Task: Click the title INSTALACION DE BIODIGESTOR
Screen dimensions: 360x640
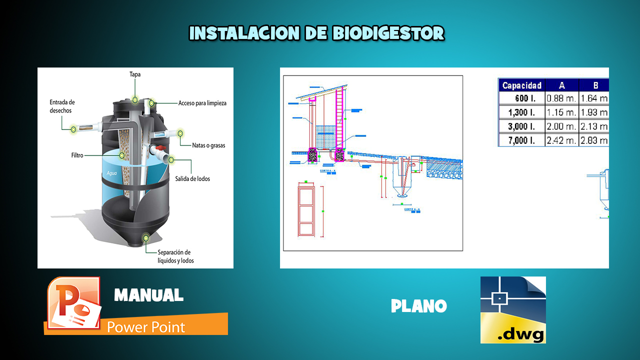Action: [x=316, y=33]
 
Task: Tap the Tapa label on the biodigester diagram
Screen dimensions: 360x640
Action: [x=135, y=74]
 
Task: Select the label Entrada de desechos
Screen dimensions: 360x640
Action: [x=62, y=106]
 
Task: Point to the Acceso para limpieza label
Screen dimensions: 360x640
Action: [x=202, y=103]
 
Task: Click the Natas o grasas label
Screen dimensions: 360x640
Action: [x=208, y=145]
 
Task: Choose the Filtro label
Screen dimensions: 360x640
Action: [x=77, y=155]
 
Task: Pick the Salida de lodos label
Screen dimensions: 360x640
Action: [x=192, y=178]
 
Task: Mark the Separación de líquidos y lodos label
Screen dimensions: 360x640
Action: [x=174, y=256]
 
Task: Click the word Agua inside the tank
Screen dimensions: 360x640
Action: [x=111, y=173]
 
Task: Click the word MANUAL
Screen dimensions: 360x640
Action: [x=148, y=295]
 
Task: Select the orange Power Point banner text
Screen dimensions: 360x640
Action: [x=146, y=327]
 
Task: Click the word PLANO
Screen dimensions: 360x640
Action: [x=418, y=306]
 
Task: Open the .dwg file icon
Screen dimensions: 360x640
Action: [x=513, y=310]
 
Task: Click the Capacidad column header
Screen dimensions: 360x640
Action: [x=521, y=85]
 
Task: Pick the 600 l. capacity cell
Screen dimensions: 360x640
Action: [x=524, y=98]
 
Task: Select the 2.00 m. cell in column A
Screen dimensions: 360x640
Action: [x=561, y=126]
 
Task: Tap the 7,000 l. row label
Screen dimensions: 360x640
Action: [x=521, y=140]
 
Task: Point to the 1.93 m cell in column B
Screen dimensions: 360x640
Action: [x=594, y=112]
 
